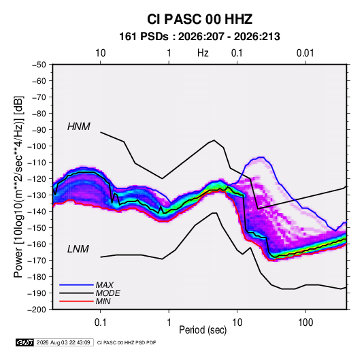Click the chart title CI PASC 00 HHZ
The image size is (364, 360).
(199, 19)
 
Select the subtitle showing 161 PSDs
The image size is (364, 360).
(199, 37)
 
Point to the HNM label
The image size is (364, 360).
(79, 127)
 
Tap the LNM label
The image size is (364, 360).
(78, 249)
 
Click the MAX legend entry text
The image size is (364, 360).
(105, 284)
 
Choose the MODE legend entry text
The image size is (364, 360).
(107, 293)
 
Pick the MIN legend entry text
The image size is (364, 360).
(103, 301)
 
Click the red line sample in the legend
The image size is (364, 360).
(76, 301)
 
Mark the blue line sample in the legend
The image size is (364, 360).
(76, 284)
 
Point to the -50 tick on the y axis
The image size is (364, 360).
(39, 65)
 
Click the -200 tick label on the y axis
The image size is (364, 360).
(37, 310)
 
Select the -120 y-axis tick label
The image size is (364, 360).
(37, 179)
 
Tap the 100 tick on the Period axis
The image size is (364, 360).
(305, 323)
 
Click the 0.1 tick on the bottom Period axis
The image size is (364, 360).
(100, 323)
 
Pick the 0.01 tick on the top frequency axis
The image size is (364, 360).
(305, 53)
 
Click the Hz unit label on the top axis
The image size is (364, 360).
(203, 53)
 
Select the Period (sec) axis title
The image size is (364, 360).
(203, 330)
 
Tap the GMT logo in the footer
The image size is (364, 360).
(24, 342)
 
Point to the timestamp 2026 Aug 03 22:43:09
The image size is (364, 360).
(63, 342)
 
